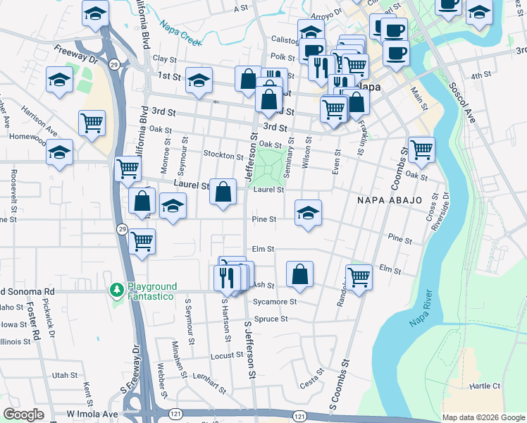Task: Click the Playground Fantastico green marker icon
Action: pyautogui.click(x=117, y=290)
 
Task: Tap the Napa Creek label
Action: pyautogui.click(x=180, y=32)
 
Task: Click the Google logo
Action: pyautogui.click(x=24, y=415)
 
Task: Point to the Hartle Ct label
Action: pyautogui.click(x=485, y=386)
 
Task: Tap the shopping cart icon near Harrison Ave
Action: pyautogui.click(x=92, y=123)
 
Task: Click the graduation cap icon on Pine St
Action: pyautogui.click(x=308, y=212)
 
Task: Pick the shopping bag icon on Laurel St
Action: pyautogui.click(x=223, y=192)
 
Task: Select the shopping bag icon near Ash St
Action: pyautogui.click(x=300, y=274)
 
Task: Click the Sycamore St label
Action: pyautogui.click(x=275, y=302)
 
